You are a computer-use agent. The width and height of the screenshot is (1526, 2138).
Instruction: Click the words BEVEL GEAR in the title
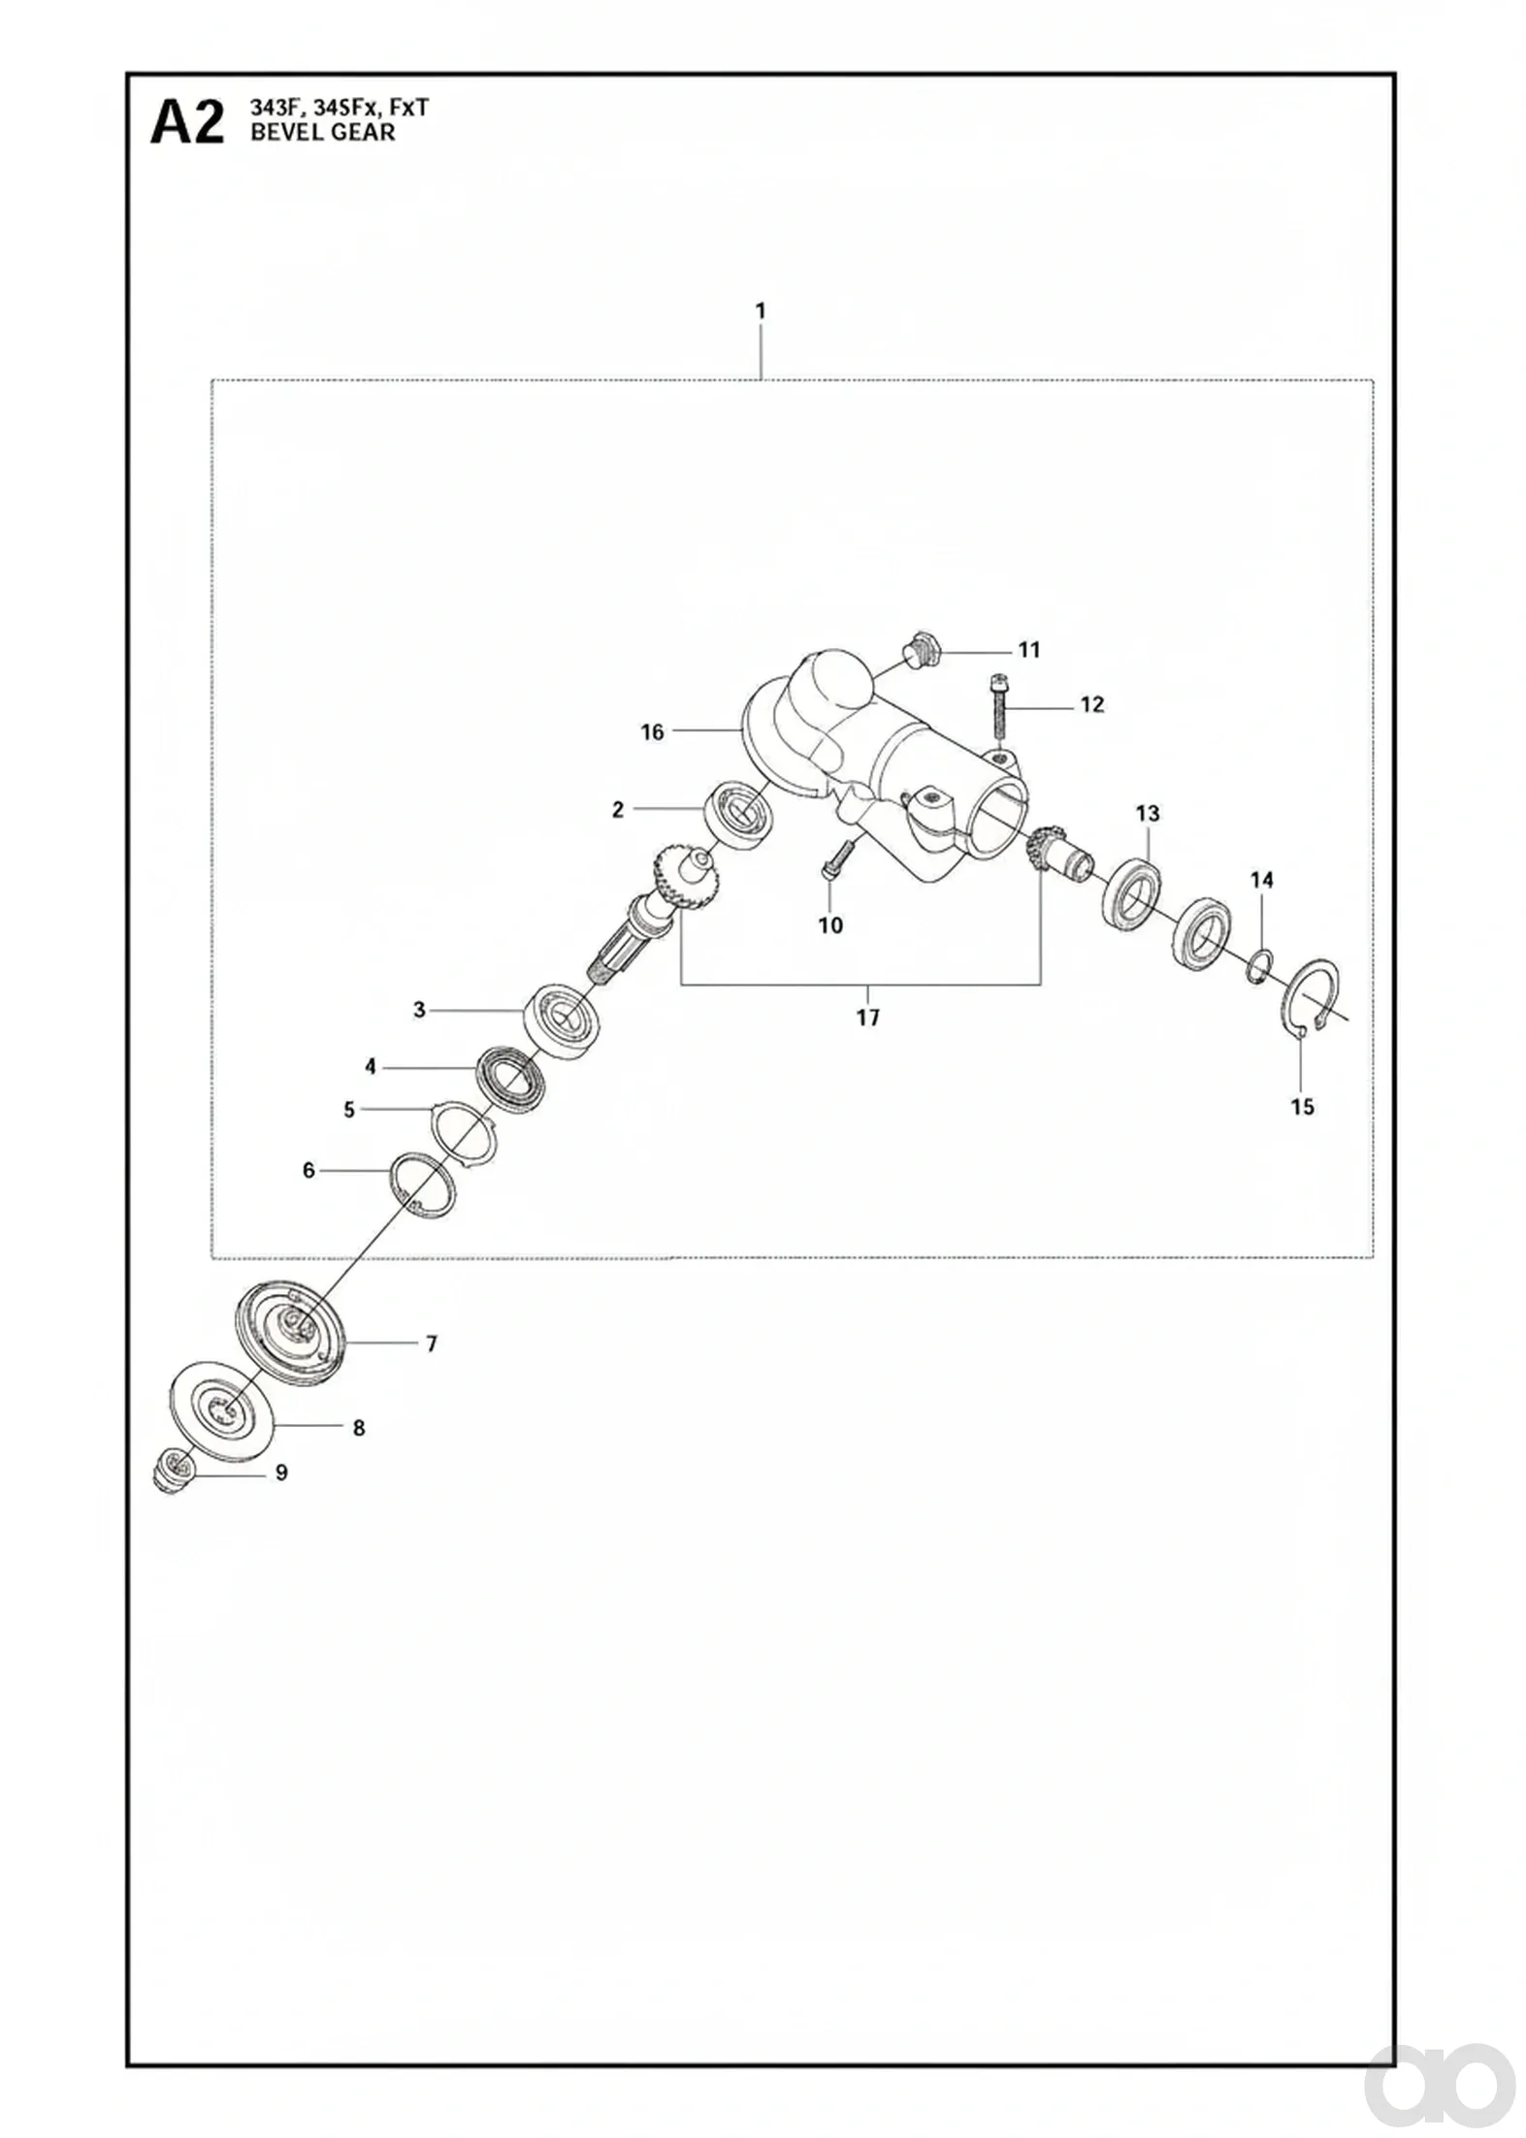coord(323,133)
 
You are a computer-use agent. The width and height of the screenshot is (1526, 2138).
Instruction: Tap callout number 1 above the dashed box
coord(761,311)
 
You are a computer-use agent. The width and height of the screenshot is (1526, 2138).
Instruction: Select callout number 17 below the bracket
coord(868,1018)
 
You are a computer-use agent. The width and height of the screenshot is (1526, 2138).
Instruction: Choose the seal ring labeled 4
coord(513,1079)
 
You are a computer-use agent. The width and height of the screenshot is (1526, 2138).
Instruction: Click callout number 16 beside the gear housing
coord(652,731)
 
